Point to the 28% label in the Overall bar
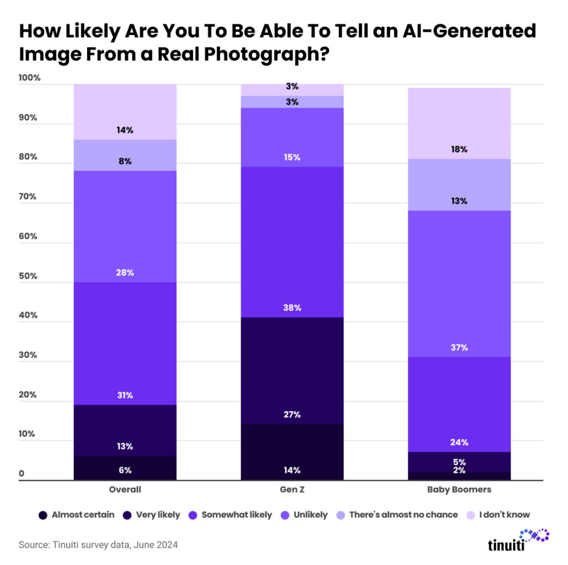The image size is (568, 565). click(x=125, y=273)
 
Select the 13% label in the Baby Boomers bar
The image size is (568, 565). click(x=459, y=201)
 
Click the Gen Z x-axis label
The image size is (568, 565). click(x=292, y=490)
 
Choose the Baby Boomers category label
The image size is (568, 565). click(x=459, y=490)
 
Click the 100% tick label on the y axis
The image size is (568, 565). click(x=30, y=78)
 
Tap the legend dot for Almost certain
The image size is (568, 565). click(x=43, y=515)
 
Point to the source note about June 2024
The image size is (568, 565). click(x=98, y=545)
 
